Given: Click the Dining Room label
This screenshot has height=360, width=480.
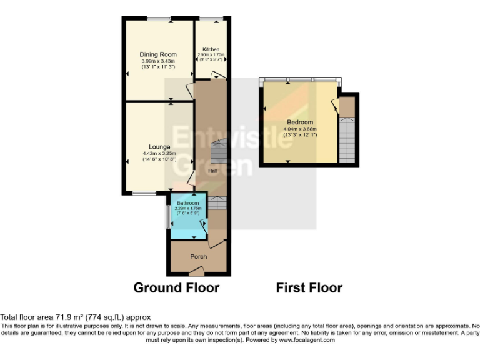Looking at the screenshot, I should click(x=157, y=54).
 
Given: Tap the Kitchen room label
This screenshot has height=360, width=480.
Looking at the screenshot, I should click(x=210, y=49).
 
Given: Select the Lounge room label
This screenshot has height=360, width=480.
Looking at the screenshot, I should click(x=159, y=147).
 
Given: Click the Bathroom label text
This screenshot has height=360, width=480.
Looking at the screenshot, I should click(x=187, y=204).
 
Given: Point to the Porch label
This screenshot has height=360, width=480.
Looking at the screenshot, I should click(x=199, y=256).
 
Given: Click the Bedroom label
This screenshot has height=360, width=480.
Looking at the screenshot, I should click(x=299, y=122).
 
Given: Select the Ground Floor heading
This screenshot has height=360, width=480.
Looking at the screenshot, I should click(x=176, y=288).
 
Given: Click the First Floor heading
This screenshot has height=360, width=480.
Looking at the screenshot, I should click(x=309, y=288).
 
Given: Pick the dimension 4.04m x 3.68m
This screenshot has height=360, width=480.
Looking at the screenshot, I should click(x=299, y=129).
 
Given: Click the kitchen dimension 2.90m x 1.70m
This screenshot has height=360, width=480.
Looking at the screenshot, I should click(x=210, y=54).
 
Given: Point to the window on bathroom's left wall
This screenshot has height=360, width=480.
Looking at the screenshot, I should click(x=167, y=216).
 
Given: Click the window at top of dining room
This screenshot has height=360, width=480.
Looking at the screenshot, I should click(x=159, y=21).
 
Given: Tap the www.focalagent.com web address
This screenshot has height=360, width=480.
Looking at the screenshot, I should click(x=307, y=341).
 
